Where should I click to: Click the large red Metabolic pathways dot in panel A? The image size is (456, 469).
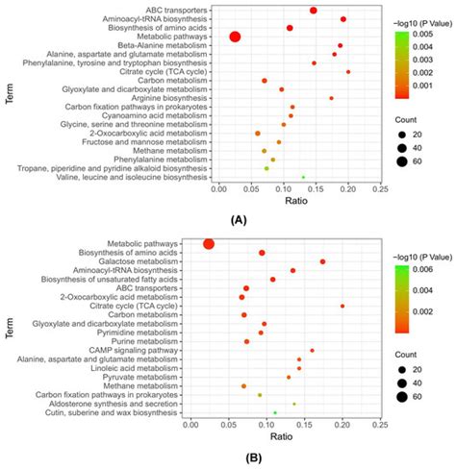coord(235,37)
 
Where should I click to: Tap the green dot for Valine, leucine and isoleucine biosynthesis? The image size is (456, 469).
coord(303,177)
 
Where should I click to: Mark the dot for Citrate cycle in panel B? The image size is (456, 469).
coord(342,306)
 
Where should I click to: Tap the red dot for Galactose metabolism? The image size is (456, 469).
coord(322,261)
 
